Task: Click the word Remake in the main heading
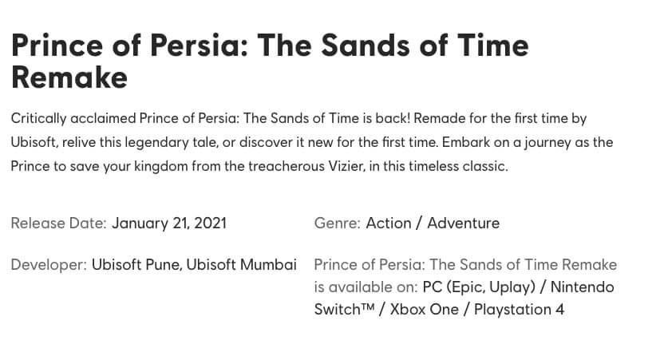[69, 78]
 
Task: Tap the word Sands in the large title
[366, 45]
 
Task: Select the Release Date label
[58, 223]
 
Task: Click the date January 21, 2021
[169, 224]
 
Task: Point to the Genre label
[337, 223]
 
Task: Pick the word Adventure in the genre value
[464, 223]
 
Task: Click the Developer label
[49, 265]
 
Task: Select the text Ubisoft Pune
[136, 265]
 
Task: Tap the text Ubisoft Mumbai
[242, 265]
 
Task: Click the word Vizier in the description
[339, 166]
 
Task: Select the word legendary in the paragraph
[157, 142]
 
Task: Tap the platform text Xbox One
[425, 310]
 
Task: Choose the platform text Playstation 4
[519, 310]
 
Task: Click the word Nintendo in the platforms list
[582, 287]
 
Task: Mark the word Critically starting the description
[39, 118]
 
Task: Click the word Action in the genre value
[389, 223]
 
